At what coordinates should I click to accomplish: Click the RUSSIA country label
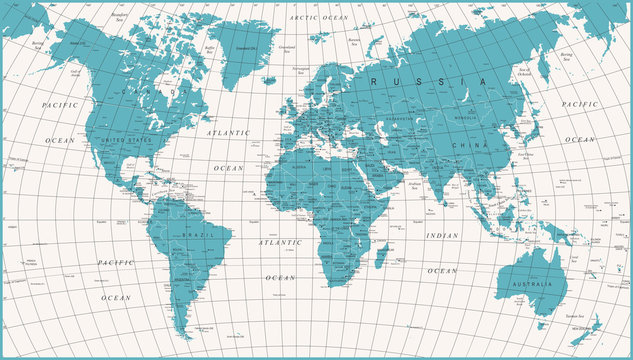[x=426, y=81]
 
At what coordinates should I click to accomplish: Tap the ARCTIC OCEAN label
[x=317, y=18]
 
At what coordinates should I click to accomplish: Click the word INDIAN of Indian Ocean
[x=442, y=236]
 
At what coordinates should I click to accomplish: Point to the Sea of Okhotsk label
[x=524, y=72]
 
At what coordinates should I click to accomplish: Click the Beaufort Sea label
[x=122, y=19]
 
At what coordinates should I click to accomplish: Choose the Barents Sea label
[x=353, y=40]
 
